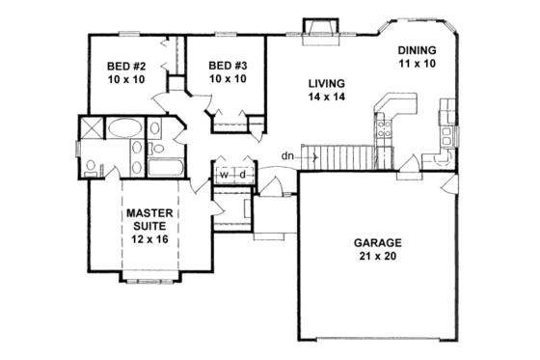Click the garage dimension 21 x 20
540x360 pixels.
[x=377, y=258]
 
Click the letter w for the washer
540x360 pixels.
[x=224, y=175]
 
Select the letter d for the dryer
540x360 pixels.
[x=243, y=175]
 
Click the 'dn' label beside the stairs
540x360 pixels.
[x=287, y=154]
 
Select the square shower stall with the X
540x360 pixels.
[x=92, y=128]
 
